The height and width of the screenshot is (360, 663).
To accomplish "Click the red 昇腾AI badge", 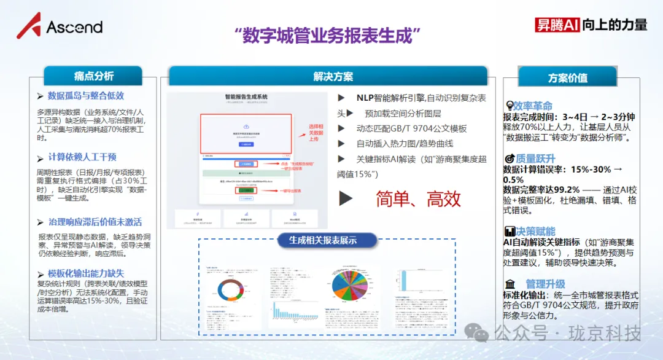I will click(557, 24).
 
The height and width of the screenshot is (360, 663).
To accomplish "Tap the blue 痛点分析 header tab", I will click(93, 76).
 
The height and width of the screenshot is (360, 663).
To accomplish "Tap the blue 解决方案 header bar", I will click(333, 77).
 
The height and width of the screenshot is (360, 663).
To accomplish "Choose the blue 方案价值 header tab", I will click(567, 78).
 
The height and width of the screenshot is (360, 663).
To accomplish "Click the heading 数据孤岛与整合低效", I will click(86, 96).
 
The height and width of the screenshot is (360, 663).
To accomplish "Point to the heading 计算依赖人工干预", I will click(82, 157).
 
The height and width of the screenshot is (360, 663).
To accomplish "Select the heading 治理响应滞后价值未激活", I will click(95, 222).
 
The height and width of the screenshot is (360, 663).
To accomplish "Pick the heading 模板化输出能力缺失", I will click(86, 273).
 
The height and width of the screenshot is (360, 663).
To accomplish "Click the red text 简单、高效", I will click(418, 198).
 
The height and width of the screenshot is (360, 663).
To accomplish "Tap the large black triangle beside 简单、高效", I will click(346, 198).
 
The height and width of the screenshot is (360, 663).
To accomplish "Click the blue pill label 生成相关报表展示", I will click(323, 240).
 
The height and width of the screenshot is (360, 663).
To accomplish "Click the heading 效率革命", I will click(533, 106).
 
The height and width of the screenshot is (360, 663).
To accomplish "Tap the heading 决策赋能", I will click(533, 232).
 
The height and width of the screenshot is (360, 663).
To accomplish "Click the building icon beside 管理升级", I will click(510, 284).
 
